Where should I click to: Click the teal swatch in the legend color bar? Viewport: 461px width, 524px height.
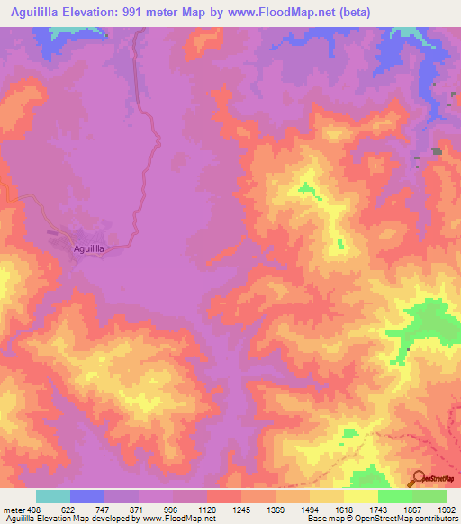[x=53, y=496]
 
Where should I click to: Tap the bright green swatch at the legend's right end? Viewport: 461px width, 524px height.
[x=429, y=496]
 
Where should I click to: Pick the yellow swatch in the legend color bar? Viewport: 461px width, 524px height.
[x=361, y=496]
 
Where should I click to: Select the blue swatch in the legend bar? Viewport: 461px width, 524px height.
[x=87, y=496]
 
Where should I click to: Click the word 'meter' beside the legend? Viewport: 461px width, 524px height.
[x=12, y=509]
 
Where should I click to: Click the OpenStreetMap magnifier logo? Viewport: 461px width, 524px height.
[x=419, y=478]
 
